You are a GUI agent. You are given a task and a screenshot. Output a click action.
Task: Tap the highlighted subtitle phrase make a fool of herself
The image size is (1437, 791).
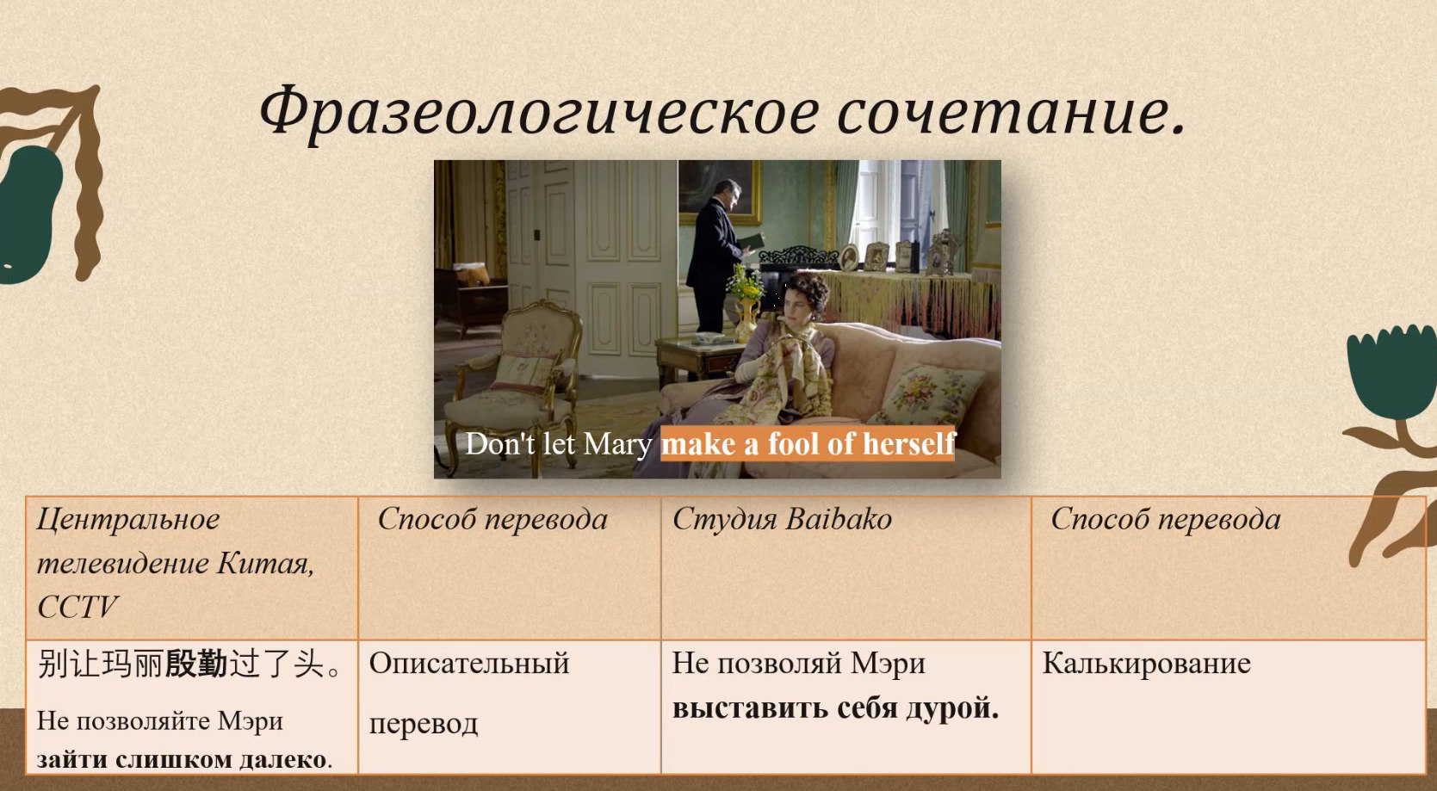coord(808,443)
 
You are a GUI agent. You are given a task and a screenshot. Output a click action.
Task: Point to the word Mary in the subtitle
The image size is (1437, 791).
coord(617,445)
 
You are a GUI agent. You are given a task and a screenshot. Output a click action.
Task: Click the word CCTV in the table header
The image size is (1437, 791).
coord(77,606)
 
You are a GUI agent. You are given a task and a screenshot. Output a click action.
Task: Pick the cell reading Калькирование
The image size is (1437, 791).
coord(1146,664)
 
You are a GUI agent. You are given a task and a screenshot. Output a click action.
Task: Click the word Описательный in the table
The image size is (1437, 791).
coord(469,664)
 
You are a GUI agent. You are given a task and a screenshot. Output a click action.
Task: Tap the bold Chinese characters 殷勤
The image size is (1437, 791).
coord(196,664)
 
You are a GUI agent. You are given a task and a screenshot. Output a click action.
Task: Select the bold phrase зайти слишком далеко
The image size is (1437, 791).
coord(182,759)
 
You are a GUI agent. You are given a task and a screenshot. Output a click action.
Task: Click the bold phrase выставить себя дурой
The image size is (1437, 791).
coord(835,708)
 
